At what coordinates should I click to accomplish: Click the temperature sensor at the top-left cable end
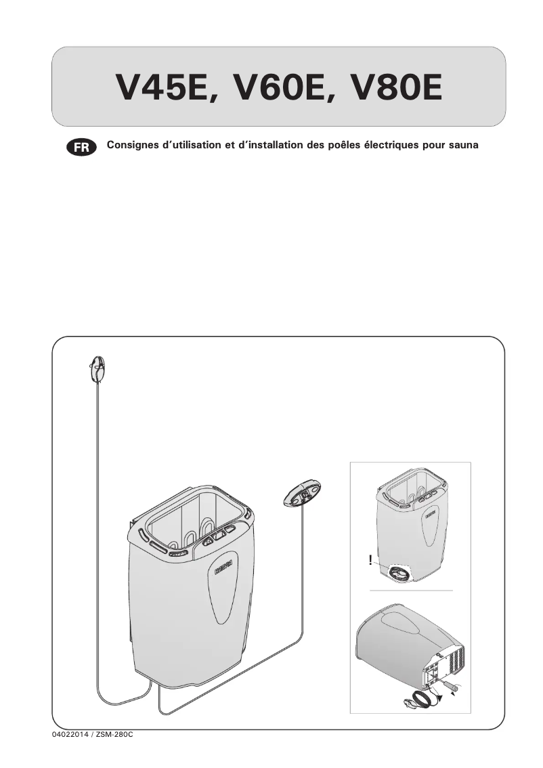[97, 369]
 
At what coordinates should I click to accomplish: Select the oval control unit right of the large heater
[302, 492]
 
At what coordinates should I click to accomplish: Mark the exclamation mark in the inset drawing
[370, 560]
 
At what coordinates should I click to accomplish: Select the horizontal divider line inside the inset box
[410, 591]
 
